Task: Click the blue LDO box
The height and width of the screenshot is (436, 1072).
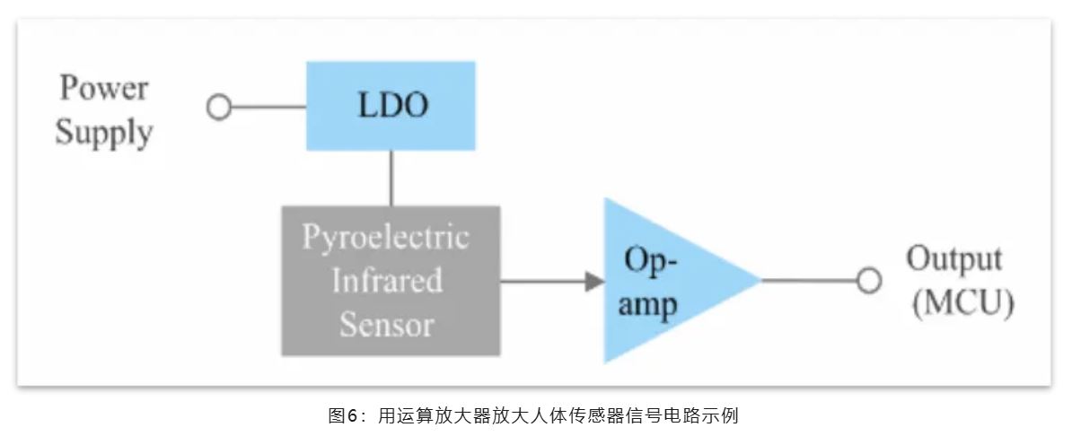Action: coord(391,106)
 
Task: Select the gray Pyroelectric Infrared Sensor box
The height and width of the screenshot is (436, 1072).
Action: coord(391,281)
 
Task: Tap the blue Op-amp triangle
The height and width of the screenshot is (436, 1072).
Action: coord(664,281)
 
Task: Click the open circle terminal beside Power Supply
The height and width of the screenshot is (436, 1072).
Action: coord(218,107)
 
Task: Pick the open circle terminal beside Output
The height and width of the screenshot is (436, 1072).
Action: coord(867,281)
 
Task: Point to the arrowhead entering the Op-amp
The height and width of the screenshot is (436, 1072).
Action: coord(593,281)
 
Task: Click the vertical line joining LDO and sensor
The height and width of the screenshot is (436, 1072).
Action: coord(391,178)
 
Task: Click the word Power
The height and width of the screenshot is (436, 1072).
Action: coord(103,89)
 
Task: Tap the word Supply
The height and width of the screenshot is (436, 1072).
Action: coord(103,133)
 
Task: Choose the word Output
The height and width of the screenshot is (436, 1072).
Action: coord(953,259)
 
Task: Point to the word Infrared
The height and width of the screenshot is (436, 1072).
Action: coord(387,280)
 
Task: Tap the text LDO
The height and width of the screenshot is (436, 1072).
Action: coord(392,106)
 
